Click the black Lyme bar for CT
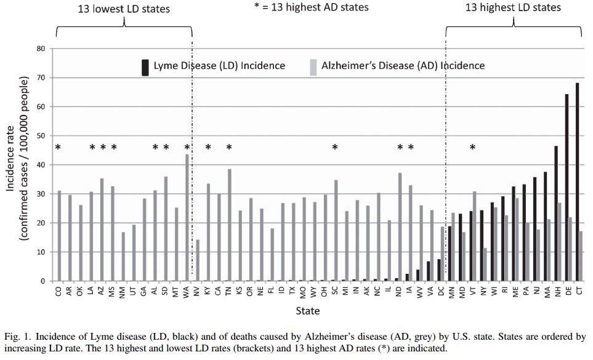(x=576, y=182)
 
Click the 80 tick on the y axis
(x=42, y=49)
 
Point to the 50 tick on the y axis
(x=42, y=135)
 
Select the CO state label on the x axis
(x=58, y=292)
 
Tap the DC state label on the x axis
(x=440, y=292)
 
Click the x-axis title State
(x=307, y=311)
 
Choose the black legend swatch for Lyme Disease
(x=145, y=66)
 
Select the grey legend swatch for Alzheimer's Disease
(x=313, y=66)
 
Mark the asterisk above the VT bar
(x=472, y=148)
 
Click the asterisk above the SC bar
(x=335, y=148)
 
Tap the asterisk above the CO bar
(x=58, y=148)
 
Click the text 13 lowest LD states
(x=124, y=9)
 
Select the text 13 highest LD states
(x=513, y=7)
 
